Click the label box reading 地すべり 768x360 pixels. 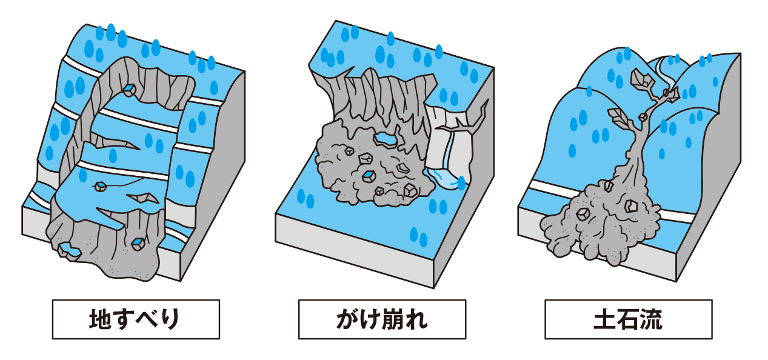click(136, 319)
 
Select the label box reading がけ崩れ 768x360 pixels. click(382, 319)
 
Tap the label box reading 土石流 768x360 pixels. click(628, 319)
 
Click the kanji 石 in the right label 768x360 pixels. click(629, 319)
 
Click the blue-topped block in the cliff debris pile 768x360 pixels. click(367, 175)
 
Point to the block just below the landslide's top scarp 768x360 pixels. click(129, 90)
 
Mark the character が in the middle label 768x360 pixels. click(346, 319)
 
